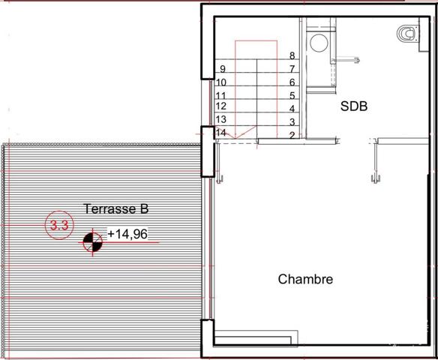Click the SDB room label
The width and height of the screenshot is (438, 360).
pyautogui.click(x=354, y=106)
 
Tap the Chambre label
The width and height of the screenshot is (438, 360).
pyautogui.click(x=305, y=279)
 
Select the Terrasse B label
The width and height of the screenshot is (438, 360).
pyautogui.click(x=116, y=208)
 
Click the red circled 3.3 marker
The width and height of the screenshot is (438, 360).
pyautogui.click(x=59, y=225)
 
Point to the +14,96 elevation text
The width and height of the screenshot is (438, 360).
pyautogui.click(x=127, y=234)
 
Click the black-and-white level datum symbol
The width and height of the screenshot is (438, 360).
pyautogui.click(x=93, y=241)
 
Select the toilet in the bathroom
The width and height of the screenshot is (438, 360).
pyautogui.click(x=407, y=34)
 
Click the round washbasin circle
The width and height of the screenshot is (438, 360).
pyautogui.click(x=319, y=43)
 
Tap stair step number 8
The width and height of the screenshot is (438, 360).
pyautogui.click(x=292, y=55)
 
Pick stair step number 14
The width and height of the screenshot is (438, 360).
pyautogui.click(x=220, y=133)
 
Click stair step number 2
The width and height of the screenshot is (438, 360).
pyautogui.click(x=292, y=136)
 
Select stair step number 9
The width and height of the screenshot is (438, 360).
pyautogui.click(x=223, y=69)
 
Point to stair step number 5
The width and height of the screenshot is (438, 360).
pyautogui.click(x=292, y=96)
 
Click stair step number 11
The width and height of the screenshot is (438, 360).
pyautogui.click(x=220, y=96)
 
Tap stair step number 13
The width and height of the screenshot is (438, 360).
pyautogui.click(x=220, y=119)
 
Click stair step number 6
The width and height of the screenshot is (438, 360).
pyautogui.click(x=292, y=82)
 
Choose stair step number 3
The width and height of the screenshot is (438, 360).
pyautogui.click(x=292, y=122)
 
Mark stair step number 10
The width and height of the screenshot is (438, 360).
pyautogui.click(x=221, y=82)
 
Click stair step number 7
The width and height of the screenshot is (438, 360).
pyautogui.click(x=292, y=69)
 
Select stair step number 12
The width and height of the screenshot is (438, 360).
pyautogui.click(x=221, y=106)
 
